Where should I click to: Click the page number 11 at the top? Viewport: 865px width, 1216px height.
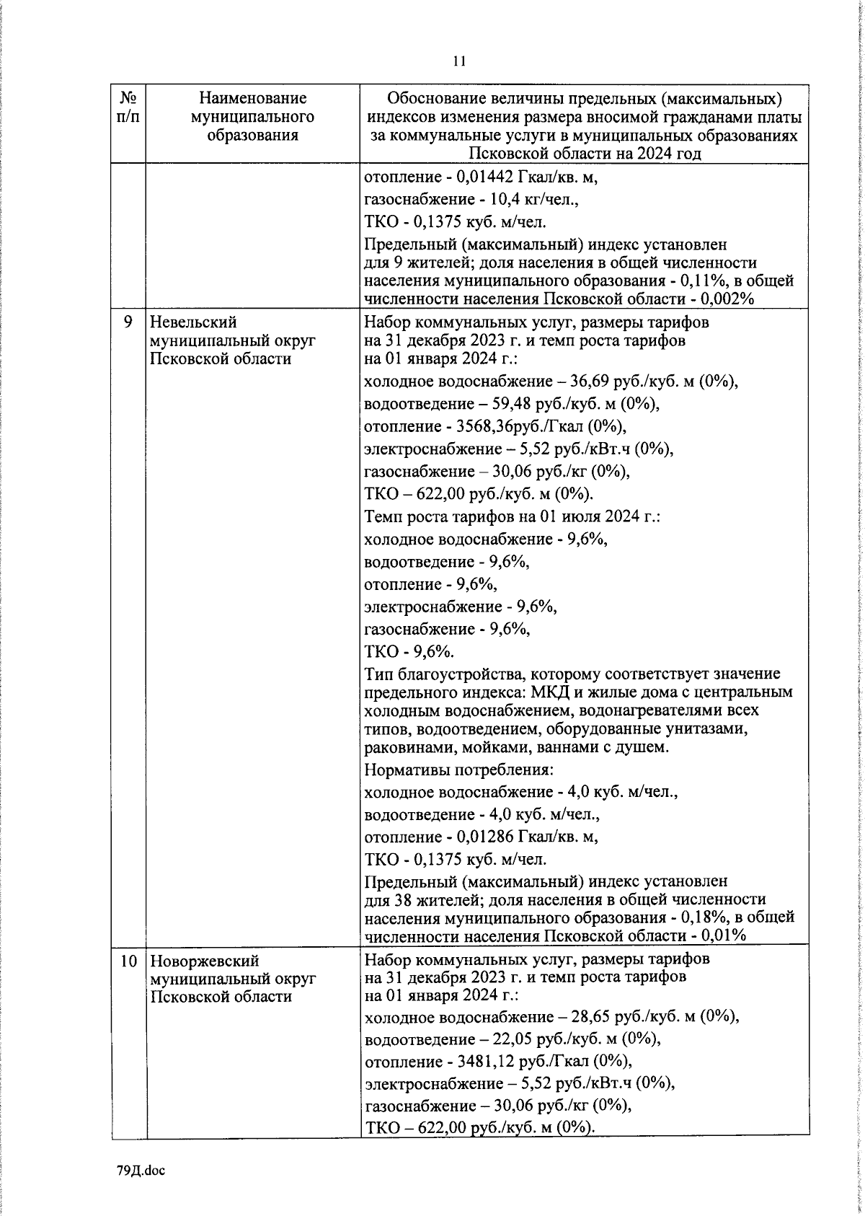(459, 61)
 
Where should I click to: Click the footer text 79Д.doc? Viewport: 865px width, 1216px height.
(141, 1171)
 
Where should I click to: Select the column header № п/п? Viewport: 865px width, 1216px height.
(128, 106)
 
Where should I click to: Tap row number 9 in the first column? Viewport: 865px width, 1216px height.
(128, 322)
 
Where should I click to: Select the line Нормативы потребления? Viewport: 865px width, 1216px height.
(458, 770)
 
